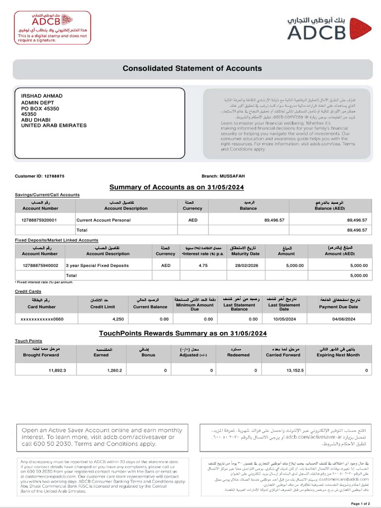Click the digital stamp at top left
click(46, 28)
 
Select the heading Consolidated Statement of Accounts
click(192, 68)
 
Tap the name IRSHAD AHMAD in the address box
click(42, 96)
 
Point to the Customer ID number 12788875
click(58, 176)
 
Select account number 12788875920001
click(40, 219)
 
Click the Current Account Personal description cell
click(103, 219)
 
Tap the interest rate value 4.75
click(202, 265)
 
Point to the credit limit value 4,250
click(118, 319)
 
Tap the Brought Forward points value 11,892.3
click(57, 370)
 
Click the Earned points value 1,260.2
click(114, 370)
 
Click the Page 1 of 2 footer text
click(361, 504)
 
